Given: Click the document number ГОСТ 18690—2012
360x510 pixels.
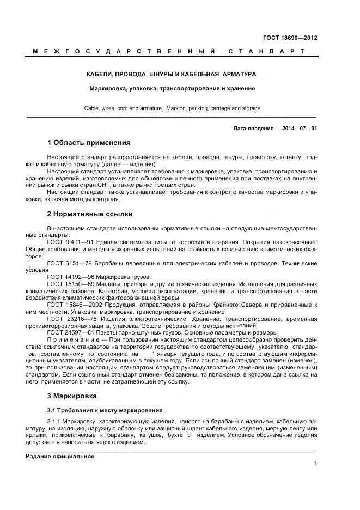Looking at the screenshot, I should pyautogui.click(x=291, y=38).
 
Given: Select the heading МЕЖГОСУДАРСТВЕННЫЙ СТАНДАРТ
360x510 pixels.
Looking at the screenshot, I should pyautogui.click(x=168, y=51).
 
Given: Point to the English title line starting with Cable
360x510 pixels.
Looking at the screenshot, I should pyautogui.click(x=172, y=108).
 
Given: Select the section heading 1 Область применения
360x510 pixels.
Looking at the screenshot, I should pyautogui.click(x=89, y=143).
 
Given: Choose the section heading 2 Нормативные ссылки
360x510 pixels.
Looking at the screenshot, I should pyautogui.click(x=90, y=214).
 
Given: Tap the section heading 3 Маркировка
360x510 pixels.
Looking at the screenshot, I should pyautogui.click(x=72, y=396).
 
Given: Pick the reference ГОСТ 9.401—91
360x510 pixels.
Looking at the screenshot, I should pyautogui.click(x=71, y=241).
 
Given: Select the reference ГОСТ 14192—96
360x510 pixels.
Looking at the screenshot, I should pyautogui.click(x=71, y=277).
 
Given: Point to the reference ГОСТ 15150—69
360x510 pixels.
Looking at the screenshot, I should pyautogui.click(x=71, y=284).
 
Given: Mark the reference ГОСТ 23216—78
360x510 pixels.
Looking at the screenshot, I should pyautogui.click(x=72, y=319).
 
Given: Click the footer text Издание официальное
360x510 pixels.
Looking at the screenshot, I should pyautogui.click(x=60, y=457).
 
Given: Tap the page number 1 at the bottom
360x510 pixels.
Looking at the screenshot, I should pyautogui.click(x=315, y=463).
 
